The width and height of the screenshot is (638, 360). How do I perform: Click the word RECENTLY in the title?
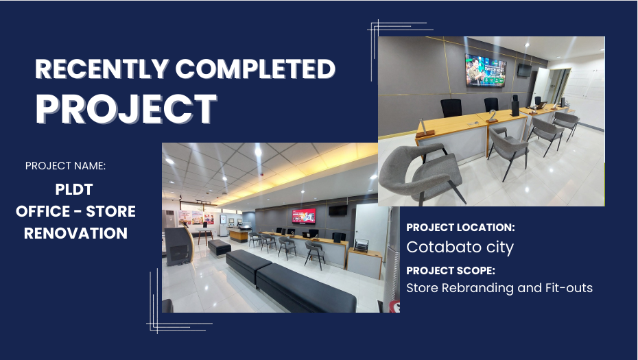tap(102, 69)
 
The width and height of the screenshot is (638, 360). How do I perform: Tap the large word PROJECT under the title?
tap(126, 108)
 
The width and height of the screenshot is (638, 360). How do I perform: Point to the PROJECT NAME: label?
tap(65, 166)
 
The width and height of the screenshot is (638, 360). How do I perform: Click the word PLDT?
tap(74, 189)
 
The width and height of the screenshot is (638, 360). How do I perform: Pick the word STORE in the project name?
tap(110, 211)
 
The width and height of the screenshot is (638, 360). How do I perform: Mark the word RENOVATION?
tap(75, 234)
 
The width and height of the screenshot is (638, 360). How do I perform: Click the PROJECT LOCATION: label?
tap(460, 228)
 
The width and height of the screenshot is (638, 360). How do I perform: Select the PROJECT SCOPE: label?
tap(451, 270)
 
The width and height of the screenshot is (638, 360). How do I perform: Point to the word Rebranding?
tap(478, 288)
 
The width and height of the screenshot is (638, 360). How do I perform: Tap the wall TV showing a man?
tap(486, 70)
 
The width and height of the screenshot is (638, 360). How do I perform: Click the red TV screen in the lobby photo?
tap(303, 216)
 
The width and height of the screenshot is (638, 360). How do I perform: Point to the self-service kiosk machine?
tap(179, 245)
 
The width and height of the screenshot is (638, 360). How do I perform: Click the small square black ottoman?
tap(220, 248)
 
